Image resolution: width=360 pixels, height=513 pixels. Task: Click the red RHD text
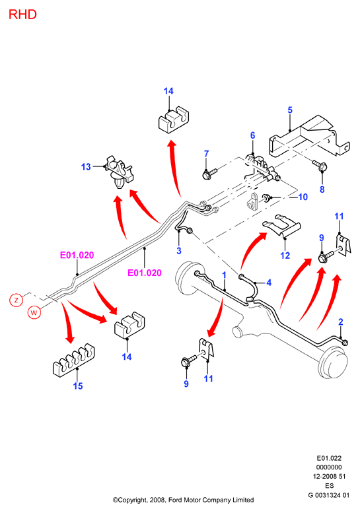pos(22,15)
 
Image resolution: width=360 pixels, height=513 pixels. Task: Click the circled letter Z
pos(17,300)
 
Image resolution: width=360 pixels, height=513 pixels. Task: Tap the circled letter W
pos(34,312)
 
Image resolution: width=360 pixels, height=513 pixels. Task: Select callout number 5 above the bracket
pos(290,110)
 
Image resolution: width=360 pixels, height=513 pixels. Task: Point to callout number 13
pos(86,167)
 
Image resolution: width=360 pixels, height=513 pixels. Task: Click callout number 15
pos(78,386)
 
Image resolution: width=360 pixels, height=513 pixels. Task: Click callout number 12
pos(285,256)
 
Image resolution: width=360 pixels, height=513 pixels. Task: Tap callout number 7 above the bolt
pos(206,153)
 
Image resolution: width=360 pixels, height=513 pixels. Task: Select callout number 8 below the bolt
pos(322,189)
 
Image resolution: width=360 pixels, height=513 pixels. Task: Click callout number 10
pos(303,197)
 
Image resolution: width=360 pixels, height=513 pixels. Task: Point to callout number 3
pos(179,251)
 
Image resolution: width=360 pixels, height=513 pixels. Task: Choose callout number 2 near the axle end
pos(341,322)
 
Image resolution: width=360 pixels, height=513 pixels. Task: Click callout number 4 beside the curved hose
pos(269,283)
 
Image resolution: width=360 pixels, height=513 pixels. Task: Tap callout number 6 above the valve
pos(252,135)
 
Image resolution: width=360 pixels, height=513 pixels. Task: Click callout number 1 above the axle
pos(224,275)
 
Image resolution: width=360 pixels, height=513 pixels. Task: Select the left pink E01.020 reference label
pos(77,256)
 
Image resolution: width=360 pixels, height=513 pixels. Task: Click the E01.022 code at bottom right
pos(329,458)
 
